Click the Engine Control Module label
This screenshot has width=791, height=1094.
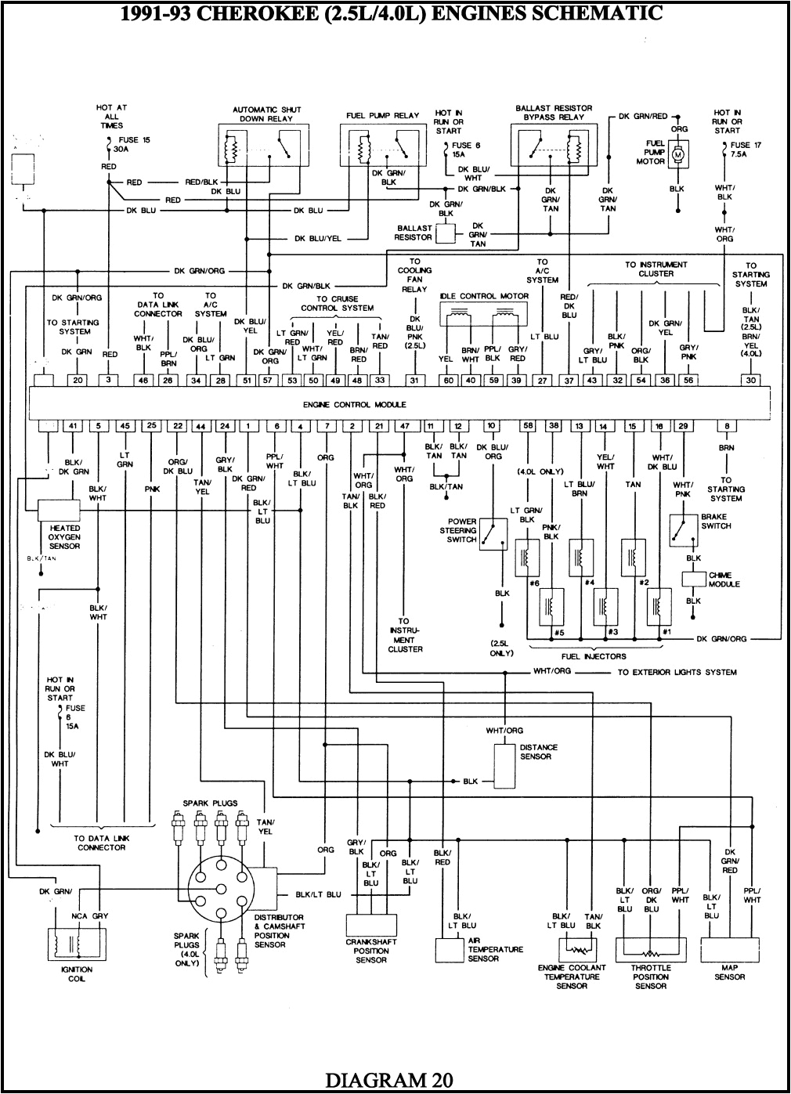pyautogui.click(x=354, y=405)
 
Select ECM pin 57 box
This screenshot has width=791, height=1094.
pyautogui.click(x=268, y=380)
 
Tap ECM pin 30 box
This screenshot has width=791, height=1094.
pyautogui.click(x=750, y=380)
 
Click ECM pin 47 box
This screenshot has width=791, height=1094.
pyautogui.click(x=404, y=426)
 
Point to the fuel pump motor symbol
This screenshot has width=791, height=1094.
pyautogui.click(x=678, y=155)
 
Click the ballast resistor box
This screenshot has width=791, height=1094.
pyautogui.click(x=446, y=233)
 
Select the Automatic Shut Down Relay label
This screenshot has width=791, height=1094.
pyautogui.click(x=267, y=114)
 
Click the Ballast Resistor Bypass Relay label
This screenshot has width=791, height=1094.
pyautogui.click(x=554, y=113)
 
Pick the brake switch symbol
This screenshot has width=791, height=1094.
pyautogui.click(x=684, y=530)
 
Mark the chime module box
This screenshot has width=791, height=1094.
pyautogui.click(x=693, y=579)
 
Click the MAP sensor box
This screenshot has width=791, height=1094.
pyautogui.click(x=729, y=950)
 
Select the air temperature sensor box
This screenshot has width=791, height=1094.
pyautogui.click(x=450, y=949)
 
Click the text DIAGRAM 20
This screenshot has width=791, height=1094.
pyautogui.click(x=388, y=1079)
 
